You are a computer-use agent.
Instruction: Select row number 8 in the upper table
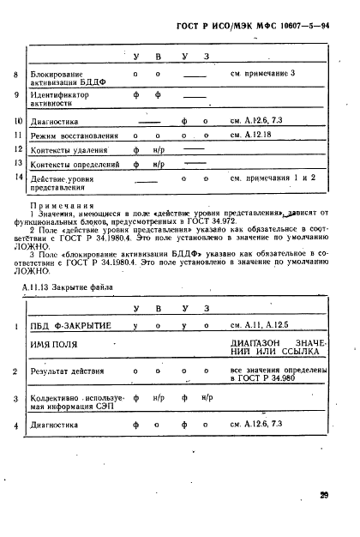pyautogui.click(x=17, y=75)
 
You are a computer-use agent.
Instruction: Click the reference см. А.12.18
pyautogui.click(x=252, y=136)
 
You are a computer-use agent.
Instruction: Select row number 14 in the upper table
pyautogui.click(x=17, y=177)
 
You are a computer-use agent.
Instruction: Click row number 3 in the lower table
pyautogui.click(x=17, y=400)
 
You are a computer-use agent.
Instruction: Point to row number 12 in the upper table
pyautogui.click(x=17, y=149)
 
